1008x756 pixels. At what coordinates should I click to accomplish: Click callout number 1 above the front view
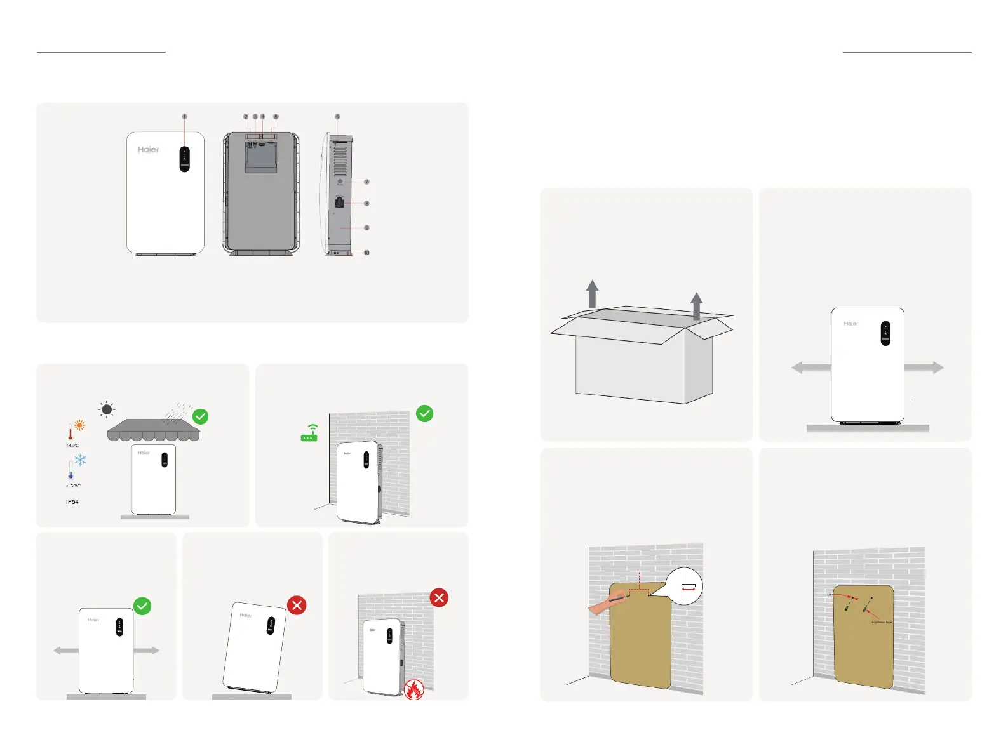[x=184, y=117]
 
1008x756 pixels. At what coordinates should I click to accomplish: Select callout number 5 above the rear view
[x=276, y=117]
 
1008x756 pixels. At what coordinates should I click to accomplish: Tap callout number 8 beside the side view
[x=366, y=204]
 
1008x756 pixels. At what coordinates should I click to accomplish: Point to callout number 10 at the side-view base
[x=366, y=253]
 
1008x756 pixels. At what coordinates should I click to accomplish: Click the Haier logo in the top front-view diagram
[x=149, y=150]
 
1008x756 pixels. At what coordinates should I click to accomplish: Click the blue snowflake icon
[x=80, y=460]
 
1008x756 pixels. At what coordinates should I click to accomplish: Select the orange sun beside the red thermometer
[x=80, y=426]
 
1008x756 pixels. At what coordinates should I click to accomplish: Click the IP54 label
[x=72, y=502]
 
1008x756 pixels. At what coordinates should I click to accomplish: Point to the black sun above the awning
[x=107, y=409]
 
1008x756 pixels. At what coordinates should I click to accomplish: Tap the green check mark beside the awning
[x=200, y=416]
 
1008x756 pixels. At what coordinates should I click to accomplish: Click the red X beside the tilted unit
[x=297, y=606]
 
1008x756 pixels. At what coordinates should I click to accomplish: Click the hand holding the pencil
[x=607, y=604]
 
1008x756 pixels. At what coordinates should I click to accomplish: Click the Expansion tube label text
[x=882, y=623]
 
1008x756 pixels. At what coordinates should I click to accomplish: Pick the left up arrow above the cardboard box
[x=592, y=294]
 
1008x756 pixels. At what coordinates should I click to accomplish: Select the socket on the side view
[x=340, y=203]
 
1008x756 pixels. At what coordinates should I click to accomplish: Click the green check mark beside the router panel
[x=424, y=414]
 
